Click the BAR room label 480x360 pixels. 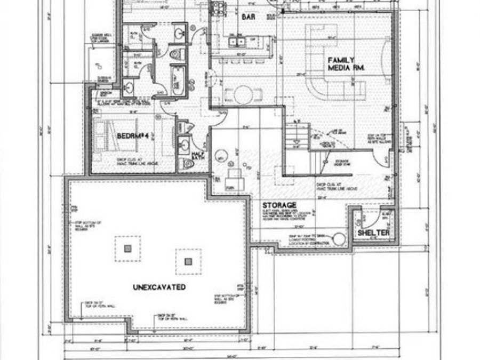tap(248, 18)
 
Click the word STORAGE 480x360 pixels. tap(279, 205)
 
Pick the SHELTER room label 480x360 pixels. tap(373, 233)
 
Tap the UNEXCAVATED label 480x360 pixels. tap(159, 287)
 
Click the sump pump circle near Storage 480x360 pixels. tap(339, 239)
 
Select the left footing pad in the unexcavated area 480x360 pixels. tap(127, 248)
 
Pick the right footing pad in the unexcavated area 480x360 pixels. tap(187, 261)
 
